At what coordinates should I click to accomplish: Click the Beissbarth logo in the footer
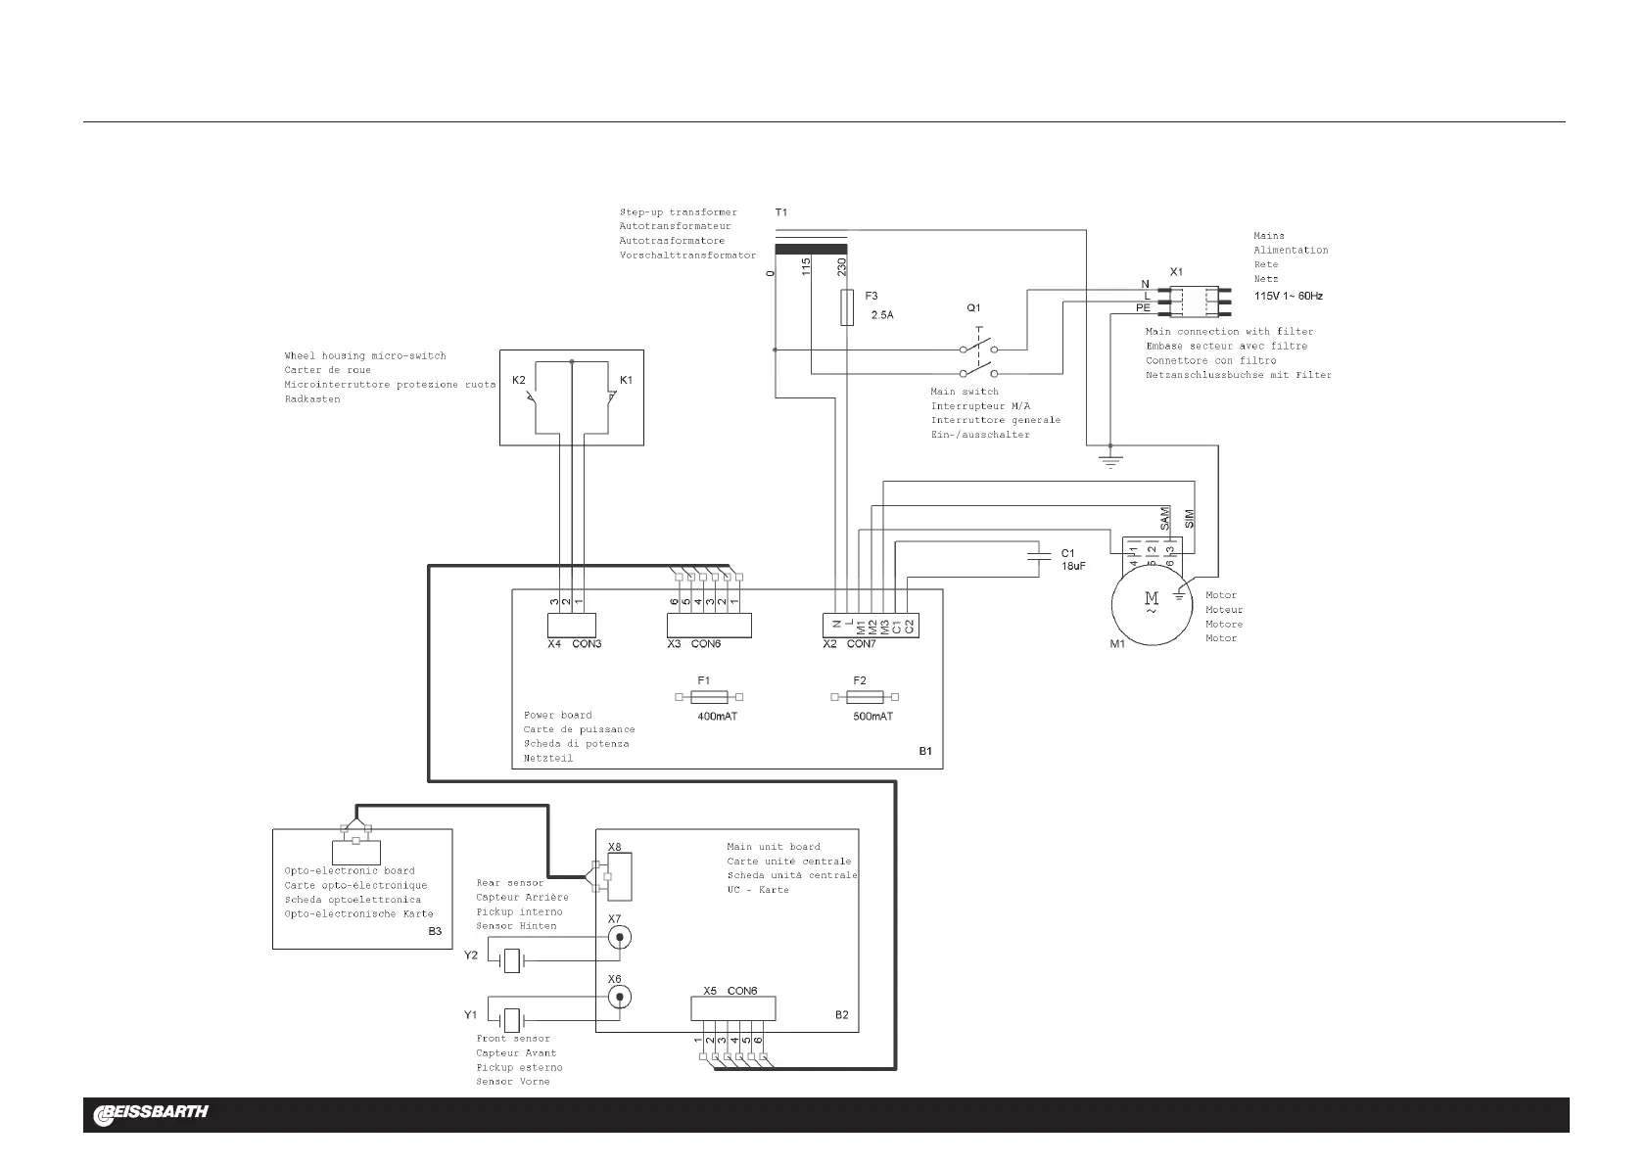pyautogui.click(x=151, y=1113)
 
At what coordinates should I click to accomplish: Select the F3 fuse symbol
pyautogui.click(x=847, y=307)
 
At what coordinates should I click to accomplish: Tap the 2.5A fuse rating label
pyautogui.click(x=882, y=315)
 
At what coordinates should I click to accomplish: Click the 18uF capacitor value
pyautogui.click(x=1073, y=567)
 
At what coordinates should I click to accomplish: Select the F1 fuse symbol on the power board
pyautogui.click(x=709, y=697)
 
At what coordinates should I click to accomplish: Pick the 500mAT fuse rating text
pyautogui.click(x=872, y=717)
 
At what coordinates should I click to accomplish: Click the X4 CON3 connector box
pyautogui.click(x=571, y=625)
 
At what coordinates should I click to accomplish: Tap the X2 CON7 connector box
pyautogui.click(x=871, y=625)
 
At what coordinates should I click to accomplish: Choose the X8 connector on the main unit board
pyautogui.click(x=620, y=875)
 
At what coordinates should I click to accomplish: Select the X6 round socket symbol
pyautogui.click(x=618, y=997)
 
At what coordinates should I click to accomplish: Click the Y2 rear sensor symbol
pyautogui.click(x=511, y=961)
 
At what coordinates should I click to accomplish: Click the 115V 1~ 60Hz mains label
pyautogui.click(x=1289, y=295)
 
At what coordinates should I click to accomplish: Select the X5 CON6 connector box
pyautogui.click(x=733, y=1008)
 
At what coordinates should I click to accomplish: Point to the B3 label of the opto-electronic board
pyautogui.click(x=435, y=931)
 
